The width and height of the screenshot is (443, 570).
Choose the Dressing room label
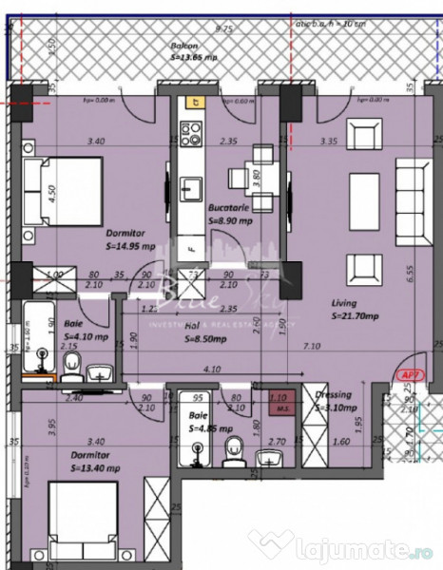333,394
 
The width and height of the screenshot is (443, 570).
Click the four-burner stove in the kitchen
190,133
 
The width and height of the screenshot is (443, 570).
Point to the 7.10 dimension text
309,349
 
